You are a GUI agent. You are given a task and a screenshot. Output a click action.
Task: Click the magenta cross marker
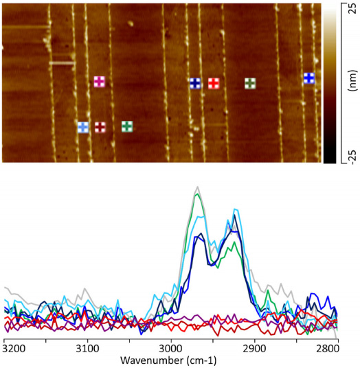(x=100, y=82)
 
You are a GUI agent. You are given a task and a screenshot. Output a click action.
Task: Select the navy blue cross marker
(x=195, y=83)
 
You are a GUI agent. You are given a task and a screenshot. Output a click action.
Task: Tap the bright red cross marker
(x=214, y=83)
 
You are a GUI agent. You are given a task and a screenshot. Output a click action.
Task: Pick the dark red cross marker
(x=100, y=127)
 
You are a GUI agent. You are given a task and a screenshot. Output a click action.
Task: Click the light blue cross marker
(x=83, y=127)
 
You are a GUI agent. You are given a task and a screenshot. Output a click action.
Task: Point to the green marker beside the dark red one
(x=127, y=126)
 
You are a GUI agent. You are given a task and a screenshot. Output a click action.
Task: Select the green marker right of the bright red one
(x=250, y=83)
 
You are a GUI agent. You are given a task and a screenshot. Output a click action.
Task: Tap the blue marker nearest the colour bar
(x=309, y=78)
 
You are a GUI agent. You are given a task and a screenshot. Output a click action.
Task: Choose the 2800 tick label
(x=328, y=349)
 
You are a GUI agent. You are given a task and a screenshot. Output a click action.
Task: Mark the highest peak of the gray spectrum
(x=198, y=187)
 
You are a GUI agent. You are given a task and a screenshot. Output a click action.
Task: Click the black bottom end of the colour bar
(x=329, y=160)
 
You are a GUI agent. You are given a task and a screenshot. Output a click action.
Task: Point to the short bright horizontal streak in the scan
(x=62, y=63)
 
